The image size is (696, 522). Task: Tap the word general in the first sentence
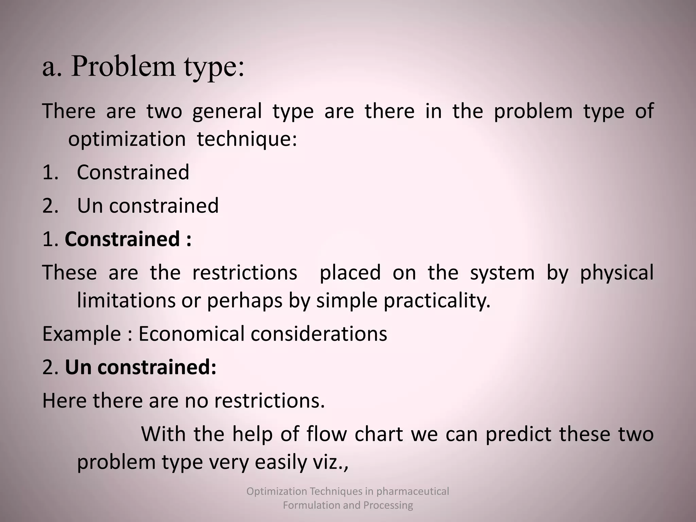(227, 111)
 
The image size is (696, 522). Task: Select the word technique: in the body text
(247, 139)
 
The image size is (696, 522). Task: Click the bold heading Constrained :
(128, 239)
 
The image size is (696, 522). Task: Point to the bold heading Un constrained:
(140, 367)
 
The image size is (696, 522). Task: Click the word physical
(616, 273)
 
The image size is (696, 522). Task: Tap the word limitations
(126, 300)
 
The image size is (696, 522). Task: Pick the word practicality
(437, 300)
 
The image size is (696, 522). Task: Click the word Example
(82, 334)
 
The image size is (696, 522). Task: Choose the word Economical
(191, 333)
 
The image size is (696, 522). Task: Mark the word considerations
(319, 333)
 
